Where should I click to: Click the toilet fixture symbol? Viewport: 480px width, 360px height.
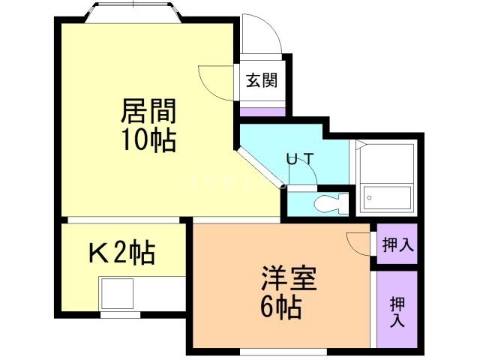pos(330,202)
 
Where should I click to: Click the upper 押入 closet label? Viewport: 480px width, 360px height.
pos(397,244)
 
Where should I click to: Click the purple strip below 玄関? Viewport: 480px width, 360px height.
pos(262,112)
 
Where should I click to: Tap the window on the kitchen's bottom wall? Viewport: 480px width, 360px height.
pos(120,314)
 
